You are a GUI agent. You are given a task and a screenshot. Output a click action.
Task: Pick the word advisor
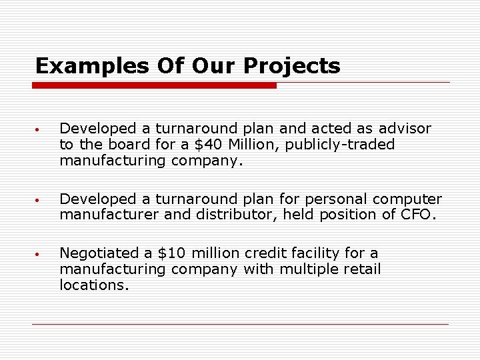tap(406, 128)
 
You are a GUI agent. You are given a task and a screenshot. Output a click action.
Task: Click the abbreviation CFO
tap(417, 215)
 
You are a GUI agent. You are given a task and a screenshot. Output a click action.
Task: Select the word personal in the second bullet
tap(330, 199)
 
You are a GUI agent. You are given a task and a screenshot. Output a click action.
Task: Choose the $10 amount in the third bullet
tap(169, 253)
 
